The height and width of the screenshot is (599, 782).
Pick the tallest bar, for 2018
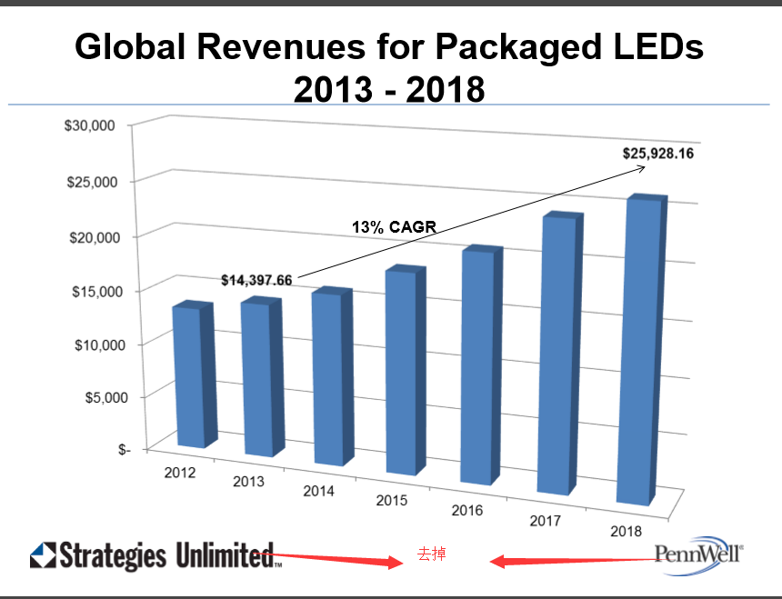click(x=637, y=351)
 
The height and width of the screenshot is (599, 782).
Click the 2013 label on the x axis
click(x=248, y=481)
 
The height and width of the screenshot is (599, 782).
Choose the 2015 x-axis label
click(x=392, y=501)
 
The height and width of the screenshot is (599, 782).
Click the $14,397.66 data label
click(x=256, y=280)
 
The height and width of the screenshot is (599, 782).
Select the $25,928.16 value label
click(x=658, y=154)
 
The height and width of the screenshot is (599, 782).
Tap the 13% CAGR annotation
click(x=394, y=228)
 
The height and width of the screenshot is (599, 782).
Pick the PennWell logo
click(x=697, y=553)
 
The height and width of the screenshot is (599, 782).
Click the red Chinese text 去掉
click(x=431, y=553)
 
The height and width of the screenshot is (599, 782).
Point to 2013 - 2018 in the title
click(x=389, y=89)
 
